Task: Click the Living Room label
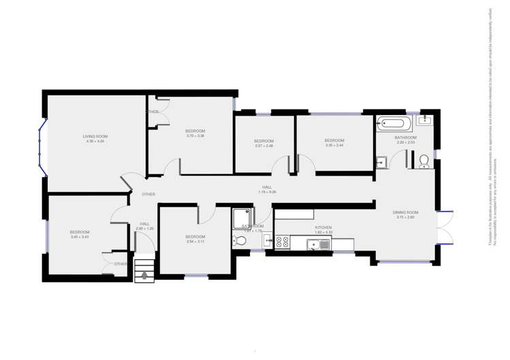click(95, 136)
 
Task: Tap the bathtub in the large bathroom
click(395, 124)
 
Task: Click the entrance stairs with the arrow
click(144, 269)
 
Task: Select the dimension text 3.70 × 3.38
click(195, 136)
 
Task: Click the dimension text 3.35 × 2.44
click(334, 145)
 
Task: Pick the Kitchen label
click(323, 227)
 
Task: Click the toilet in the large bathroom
click(424, 161)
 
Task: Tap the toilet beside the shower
click(239, 240)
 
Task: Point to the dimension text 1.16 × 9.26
click(267, 192)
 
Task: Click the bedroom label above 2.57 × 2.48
click(264, 141)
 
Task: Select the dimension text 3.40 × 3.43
click(80, 237)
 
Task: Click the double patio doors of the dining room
click(445, 227)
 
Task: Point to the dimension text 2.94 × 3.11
click(195, 242)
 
